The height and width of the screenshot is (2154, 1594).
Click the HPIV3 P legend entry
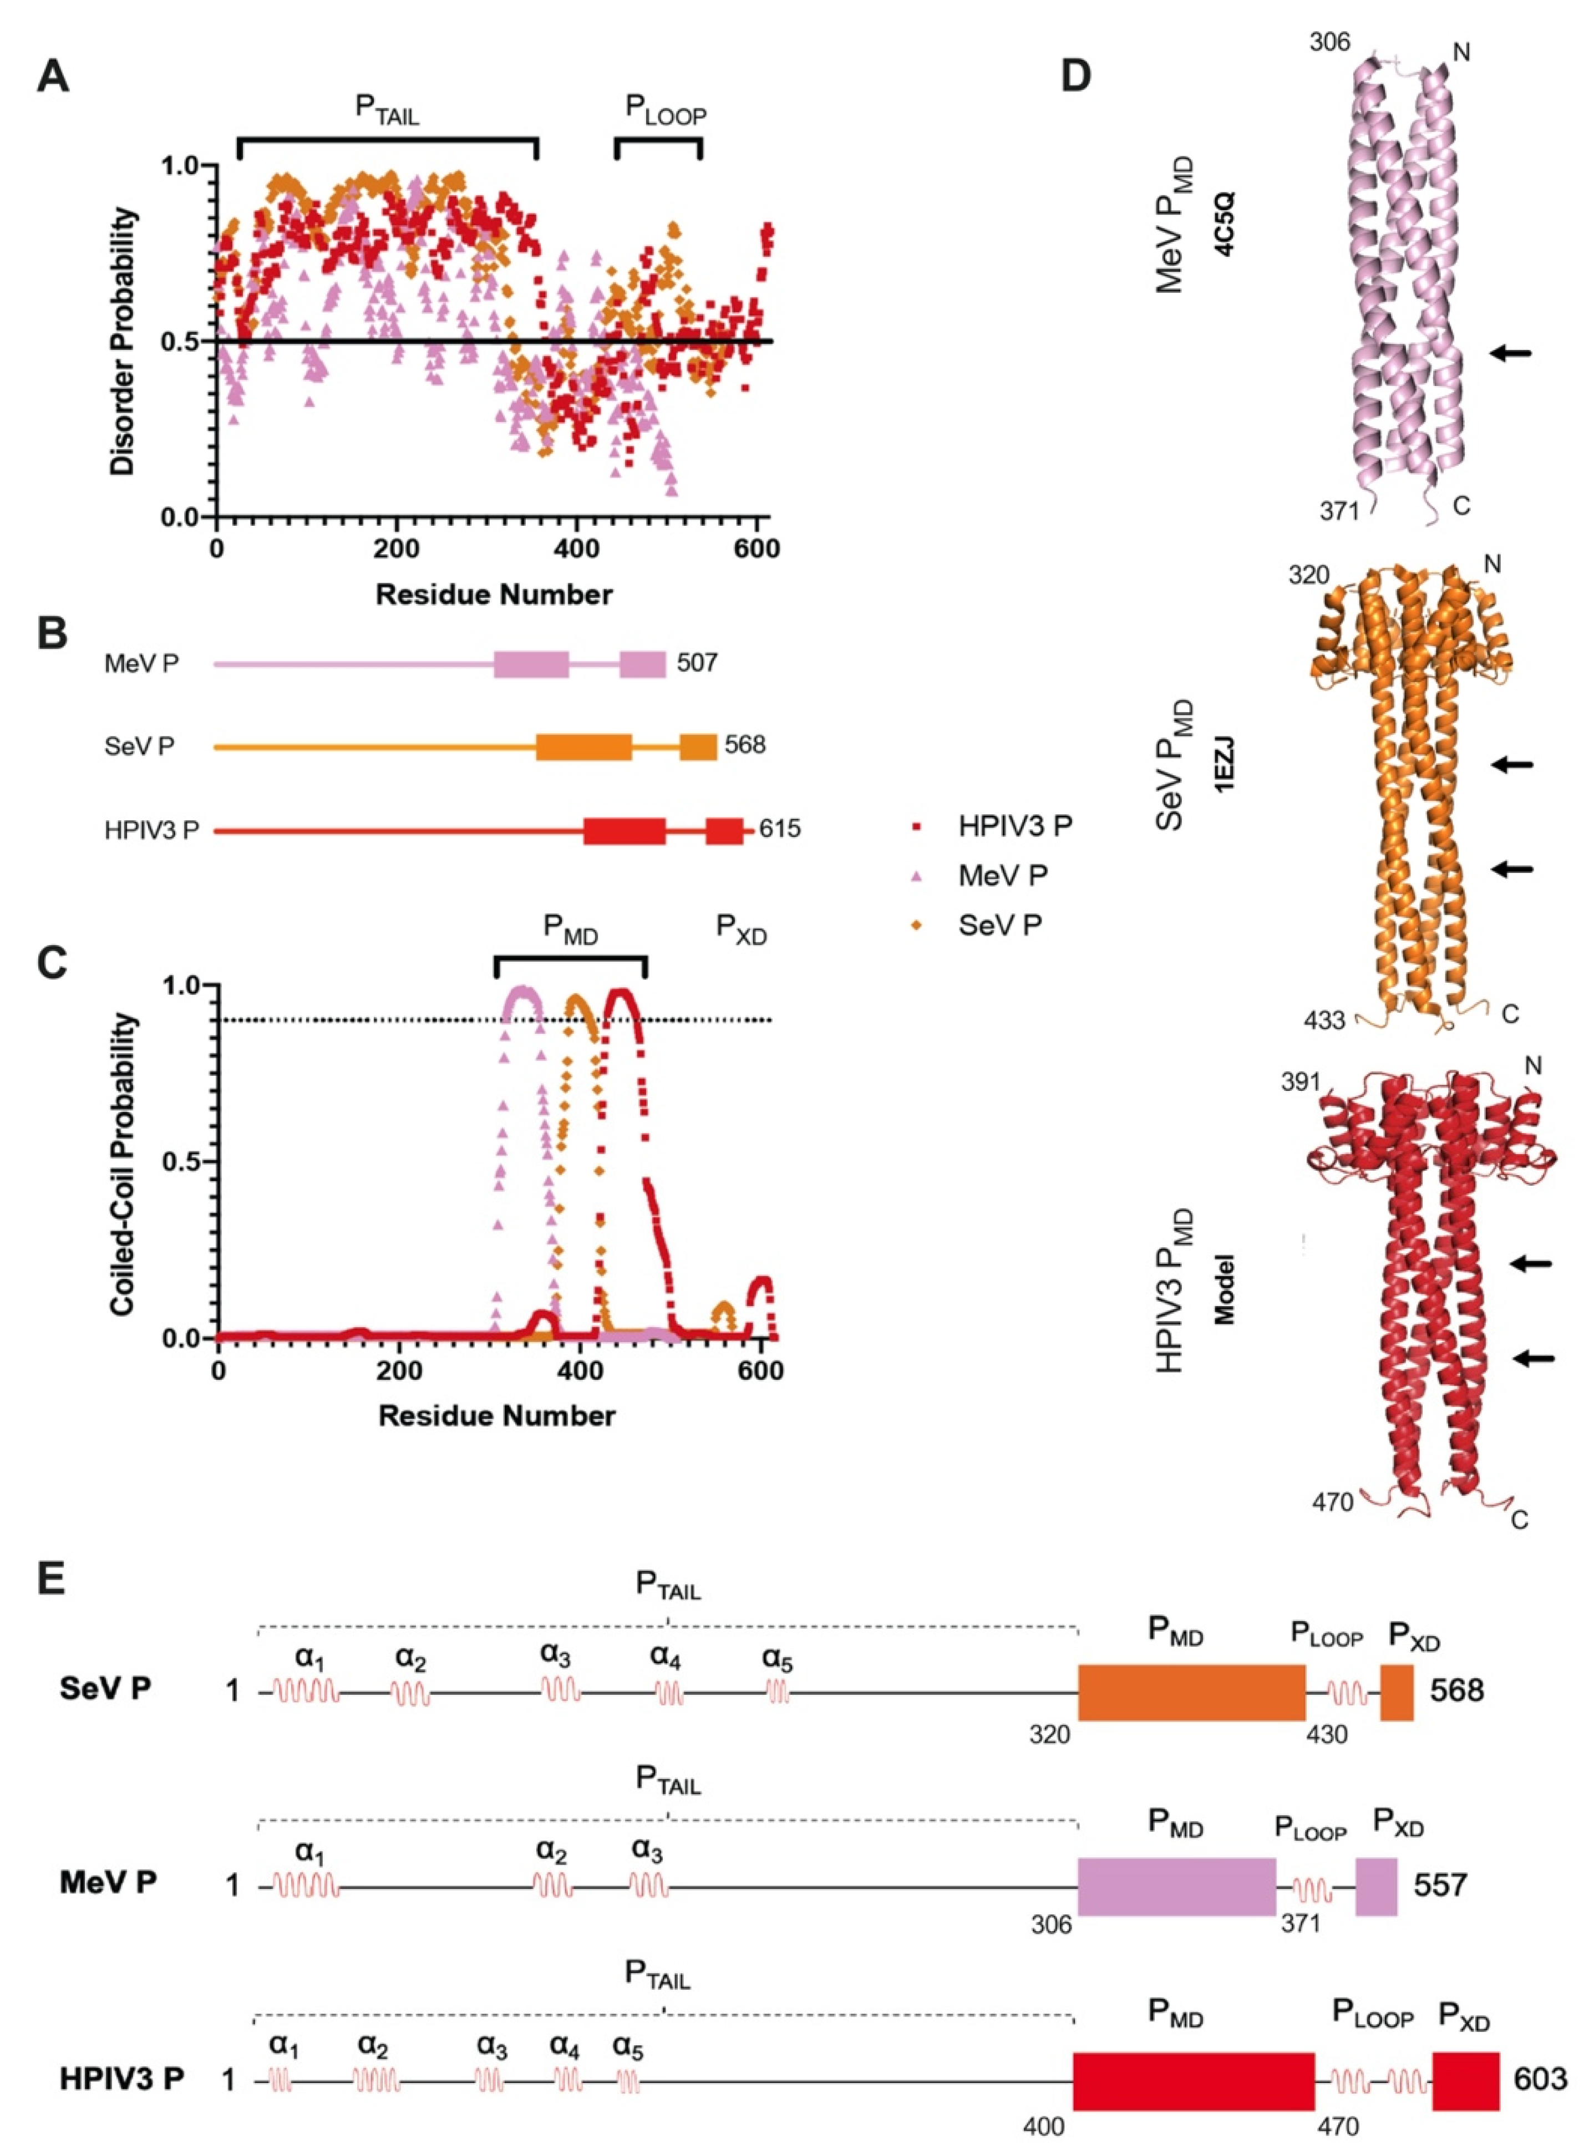[x=1013, y=826]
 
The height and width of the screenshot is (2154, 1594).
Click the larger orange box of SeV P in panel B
[x=584, y=746]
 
